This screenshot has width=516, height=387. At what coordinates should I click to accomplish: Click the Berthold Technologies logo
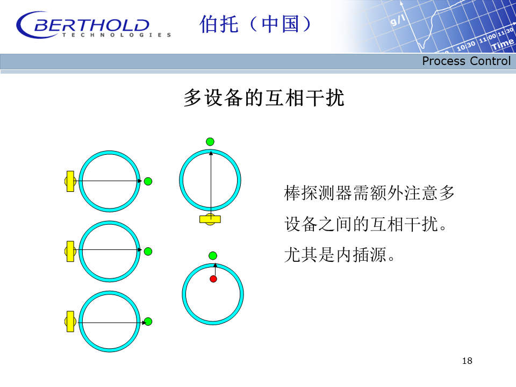pyautogui.click(x=94, y=25)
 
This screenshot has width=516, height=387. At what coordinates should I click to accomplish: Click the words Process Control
pyautogui.click(x=467, y=61)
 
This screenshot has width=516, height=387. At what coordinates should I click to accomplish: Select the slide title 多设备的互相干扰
pyautogui.click(x=264, y=98)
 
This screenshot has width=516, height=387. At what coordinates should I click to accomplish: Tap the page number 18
pyautogui.click(x=467, y=361)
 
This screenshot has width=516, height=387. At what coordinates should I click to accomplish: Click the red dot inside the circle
pyautogui.click(x=213, y=279)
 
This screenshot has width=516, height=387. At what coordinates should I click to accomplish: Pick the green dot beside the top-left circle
pyautogui.click(x=148, y=181)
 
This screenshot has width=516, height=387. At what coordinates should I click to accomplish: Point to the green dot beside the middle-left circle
pyautogui.click(x=148, y=252)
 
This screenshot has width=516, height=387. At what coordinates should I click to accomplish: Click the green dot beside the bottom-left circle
pyautogui.click(x=148, y=321)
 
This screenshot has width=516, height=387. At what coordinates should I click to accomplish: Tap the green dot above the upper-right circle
pyautogui.click(x=210, y=141)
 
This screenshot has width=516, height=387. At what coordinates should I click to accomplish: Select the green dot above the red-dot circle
pyautogui.click(x=213, y=256)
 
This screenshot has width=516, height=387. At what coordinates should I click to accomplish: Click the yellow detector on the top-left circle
pyautogui.click(x=70, y=181)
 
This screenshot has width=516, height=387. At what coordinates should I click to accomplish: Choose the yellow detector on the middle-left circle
pyautogui.click(x=70, y=252)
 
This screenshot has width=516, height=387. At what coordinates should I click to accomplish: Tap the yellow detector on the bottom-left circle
pyautogui.click(x=70, y=321)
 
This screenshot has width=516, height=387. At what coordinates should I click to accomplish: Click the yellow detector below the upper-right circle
pyautogui.click(x=210, y=219)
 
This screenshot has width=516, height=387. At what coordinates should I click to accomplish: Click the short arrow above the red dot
pyautogui.click(x=215, y=270)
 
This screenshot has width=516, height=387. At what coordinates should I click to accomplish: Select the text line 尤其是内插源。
pyautogui.click(x=340, y=255)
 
